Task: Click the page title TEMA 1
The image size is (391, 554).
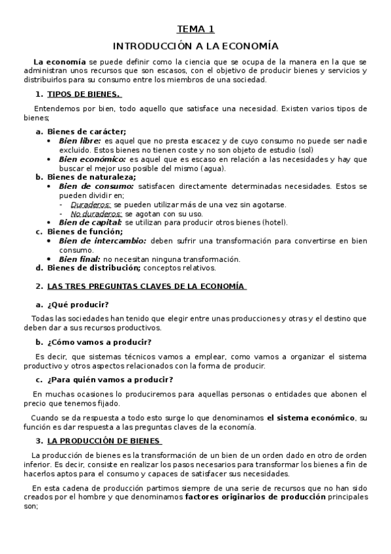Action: pos(196,29)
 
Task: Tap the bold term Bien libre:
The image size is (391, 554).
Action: pos(80,140)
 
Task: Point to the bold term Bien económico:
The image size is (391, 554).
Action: pos(92,159)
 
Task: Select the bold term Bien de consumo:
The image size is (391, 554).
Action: pos(96,186)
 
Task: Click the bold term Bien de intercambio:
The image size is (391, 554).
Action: pos(101,240)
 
